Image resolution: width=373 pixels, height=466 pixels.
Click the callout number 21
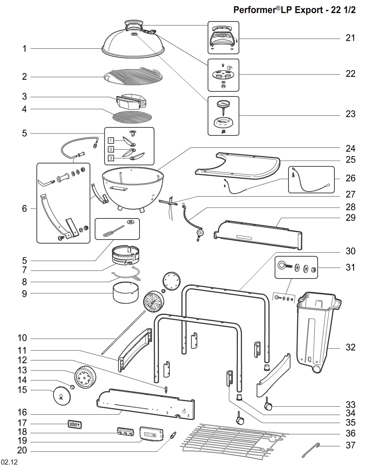click(x=350, y=38)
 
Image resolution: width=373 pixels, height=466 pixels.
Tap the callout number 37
click(x=350, y=445)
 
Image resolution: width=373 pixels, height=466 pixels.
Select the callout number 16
click(x=22, y=412)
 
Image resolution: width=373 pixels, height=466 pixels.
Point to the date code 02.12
click(x=9, y=462)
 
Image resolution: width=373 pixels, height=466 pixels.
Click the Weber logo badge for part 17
click(x=75, y=424)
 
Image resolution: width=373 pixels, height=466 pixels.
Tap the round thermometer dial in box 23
click(x=223, y=103)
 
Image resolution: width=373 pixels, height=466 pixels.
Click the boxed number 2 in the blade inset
click(x=111, y=149)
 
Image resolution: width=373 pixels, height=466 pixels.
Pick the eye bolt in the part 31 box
click(x=284, y=265)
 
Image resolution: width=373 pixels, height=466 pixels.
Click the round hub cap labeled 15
click(x=62, y=396)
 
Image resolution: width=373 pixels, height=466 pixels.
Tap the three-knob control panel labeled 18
click(x=126, y=431)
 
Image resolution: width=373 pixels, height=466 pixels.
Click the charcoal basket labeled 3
click(x=131, y=101)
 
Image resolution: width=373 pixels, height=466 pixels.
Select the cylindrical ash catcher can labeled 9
click(x=126, y=293)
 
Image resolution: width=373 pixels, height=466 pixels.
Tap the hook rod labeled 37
click(x=311, y=450)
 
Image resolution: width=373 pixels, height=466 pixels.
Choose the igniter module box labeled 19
click(x=151, y=434)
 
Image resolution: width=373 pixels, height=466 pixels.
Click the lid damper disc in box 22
click(x=223, y=75)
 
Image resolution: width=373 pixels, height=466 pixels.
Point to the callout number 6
click(x=24, y=209)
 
